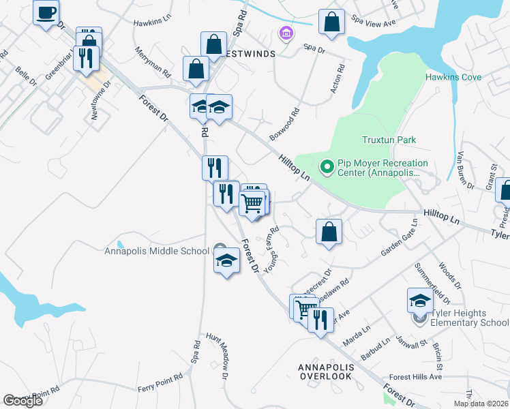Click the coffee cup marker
pos(46,12)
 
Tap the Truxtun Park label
pos(389,140)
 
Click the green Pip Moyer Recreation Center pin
pos(327,166)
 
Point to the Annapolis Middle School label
pos(157,251)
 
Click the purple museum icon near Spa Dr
pos(286,33)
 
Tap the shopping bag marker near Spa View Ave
pos(331,22)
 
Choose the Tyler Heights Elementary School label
pos(469,318)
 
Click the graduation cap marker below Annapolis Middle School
pos(227,261)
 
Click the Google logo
pos(22,401)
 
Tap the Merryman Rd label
pos(152,60)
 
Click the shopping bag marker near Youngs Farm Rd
pos(329,232)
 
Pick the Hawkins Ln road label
pos(151,22)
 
